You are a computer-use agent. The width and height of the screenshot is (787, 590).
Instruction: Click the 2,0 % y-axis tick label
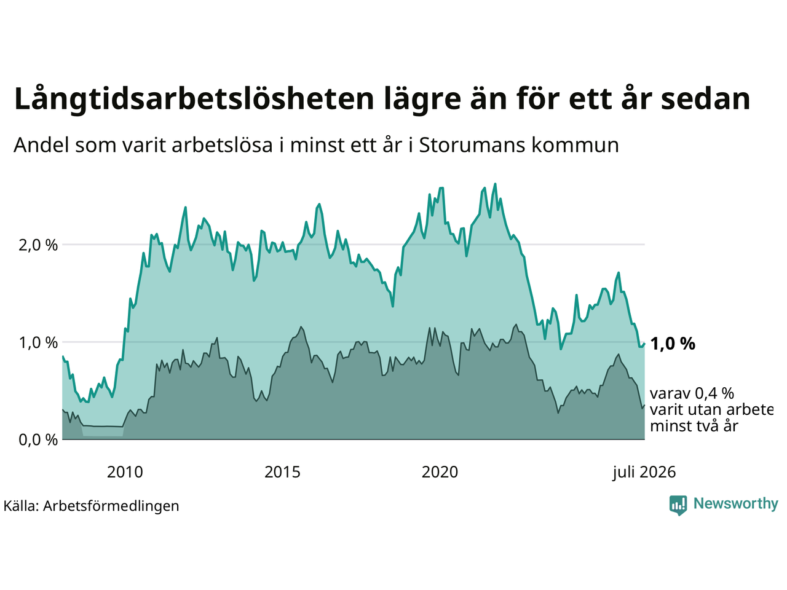[x=38, y=246]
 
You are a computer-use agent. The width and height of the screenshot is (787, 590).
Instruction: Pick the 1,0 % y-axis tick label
[x=38, y=343]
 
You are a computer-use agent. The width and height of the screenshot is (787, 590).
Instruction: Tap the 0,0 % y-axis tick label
[x=38, y=440]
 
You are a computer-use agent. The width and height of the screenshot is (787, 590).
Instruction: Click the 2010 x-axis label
[x=125, y=473]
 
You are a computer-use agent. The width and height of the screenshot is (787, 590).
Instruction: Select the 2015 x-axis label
[x=282, y=473]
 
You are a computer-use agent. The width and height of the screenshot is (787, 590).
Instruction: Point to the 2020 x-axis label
[x=440, y=473]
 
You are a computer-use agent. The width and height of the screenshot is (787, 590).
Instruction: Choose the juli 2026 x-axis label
[x=644, y=473]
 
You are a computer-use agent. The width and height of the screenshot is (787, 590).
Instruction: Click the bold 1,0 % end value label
[x=673, y=344]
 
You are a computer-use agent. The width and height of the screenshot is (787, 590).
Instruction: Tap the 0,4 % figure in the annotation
[x=714, y=394]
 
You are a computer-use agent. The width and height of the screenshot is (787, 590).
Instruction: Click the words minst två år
[x=694, y=427]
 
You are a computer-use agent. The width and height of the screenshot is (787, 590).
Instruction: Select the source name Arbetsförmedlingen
[x=111, y=506]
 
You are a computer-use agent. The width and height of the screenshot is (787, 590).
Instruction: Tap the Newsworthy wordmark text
[x=736, y=504]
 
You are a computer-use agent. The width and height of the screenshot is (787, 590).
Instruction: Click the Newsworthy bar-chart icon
[x=678, y=505]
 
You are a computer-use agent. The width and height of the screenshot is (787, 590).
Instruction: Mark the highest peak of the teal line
[x=495, y=184]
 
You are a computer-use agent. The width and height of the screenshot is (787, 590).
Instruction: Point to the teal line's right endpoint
[x=644, y=344]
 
